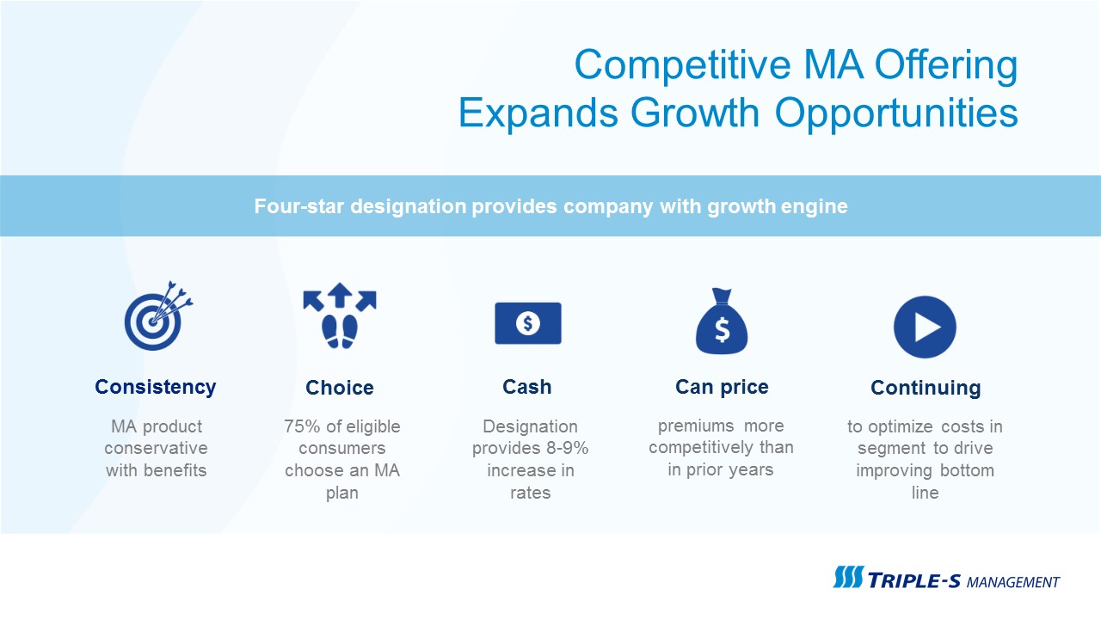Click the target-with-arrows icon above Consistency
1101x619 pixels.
(x=157, y=317)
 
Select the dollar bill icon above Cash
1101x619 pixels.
(x=528, y=323)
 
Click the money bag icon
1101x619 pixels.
(x=722, y=322)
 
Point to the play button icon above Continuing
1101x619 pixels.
(x=925, y=327)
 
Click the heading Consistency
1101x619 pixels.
(x=156, y=387)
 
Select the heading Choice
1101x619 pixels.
(x=340, y=388)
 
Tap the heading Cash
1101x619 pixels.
(x=527, y=387)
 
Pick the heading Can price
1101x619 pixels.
(x=722, y=387)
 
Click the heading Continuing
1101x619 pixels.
(x=926, y=388)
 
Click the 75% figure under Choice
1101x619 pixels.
(x=302, y=426)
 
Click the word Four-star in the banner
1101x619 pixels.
(x=298, y=206)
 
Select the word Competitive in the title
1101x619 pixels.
(x=683, y=64)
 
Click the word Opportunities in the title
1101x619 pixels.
(x=896, y=113)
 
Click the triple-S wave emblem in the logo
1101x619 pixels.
(x=848, y=577)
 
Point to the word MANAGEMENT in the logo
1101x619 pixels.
(x=1013, y=583)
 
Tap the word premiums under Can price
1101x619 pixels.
(x=696, y=426)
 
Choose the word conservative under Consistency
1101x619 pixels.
(x=156, y=448)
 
